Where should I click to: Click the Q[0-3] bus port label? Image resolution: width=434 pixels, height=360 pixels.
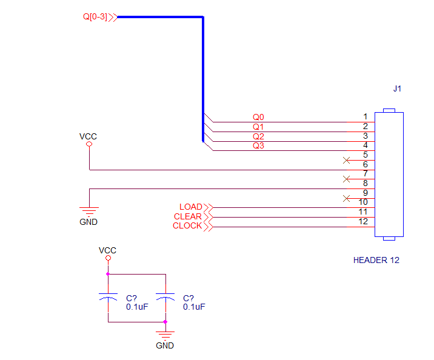click(x=95, y=17)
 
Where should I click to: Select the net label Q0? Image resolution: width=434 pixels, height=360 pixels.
click(x=258, y=117)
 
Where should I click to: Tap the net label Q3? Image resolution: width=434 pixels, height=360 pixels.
click(x=258, y=145)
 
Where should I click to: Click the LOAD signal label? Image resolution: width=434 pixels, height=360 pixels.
click(x=191, y=207)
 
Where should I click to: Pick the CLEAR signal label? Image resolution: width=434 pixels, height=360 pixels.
click(x=188, y=216)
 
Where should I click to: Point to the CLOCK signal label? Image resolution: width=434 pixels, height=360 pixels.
click(x=187, y=226)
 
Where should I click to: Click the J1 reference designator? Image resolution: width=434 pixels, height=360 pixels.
click(x=397, y=88)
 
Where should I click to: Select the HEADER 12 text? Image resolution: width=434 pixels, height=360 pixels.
click(x=376, y=260)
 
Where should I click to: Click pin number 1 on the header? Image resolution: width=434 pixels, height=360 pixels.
click(x=366, y=116)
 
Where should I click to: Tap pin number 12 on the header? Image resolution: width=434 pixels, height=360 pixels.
click(x=363, y=221)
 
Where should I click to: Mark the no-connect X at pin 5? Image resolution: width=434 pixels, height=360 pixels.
click(x=346, y=160)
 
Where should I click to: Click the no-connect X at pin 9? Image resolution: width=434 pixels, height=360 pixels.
click(x=346, y=198)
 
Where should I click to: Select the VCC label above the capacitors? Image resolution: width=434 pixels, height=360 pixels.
click(x=107, y=250)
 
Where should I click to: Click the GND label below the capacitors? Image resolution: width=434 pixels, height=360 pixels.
click(x=165, y=345)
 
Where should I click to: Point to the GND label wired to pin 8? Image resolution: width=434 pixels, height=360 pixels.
click(x=88, y=222)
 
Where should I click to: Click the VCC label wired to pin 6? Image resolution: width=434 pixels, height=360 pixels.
click(x=88, y=136)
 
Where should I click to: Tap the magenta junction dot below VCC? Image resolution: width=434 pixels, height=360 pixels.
click(x=108, y=274)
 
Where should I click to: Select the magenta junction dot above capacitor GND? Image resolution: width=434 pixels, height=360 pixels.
click(x=165, y=322)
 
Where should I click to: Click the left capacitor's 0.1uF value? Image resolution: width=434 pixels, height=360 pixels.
click(x=137, y=307)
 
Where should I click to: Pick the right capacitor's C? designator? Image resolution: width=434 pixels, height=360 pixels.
click(x=189, y=298)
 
